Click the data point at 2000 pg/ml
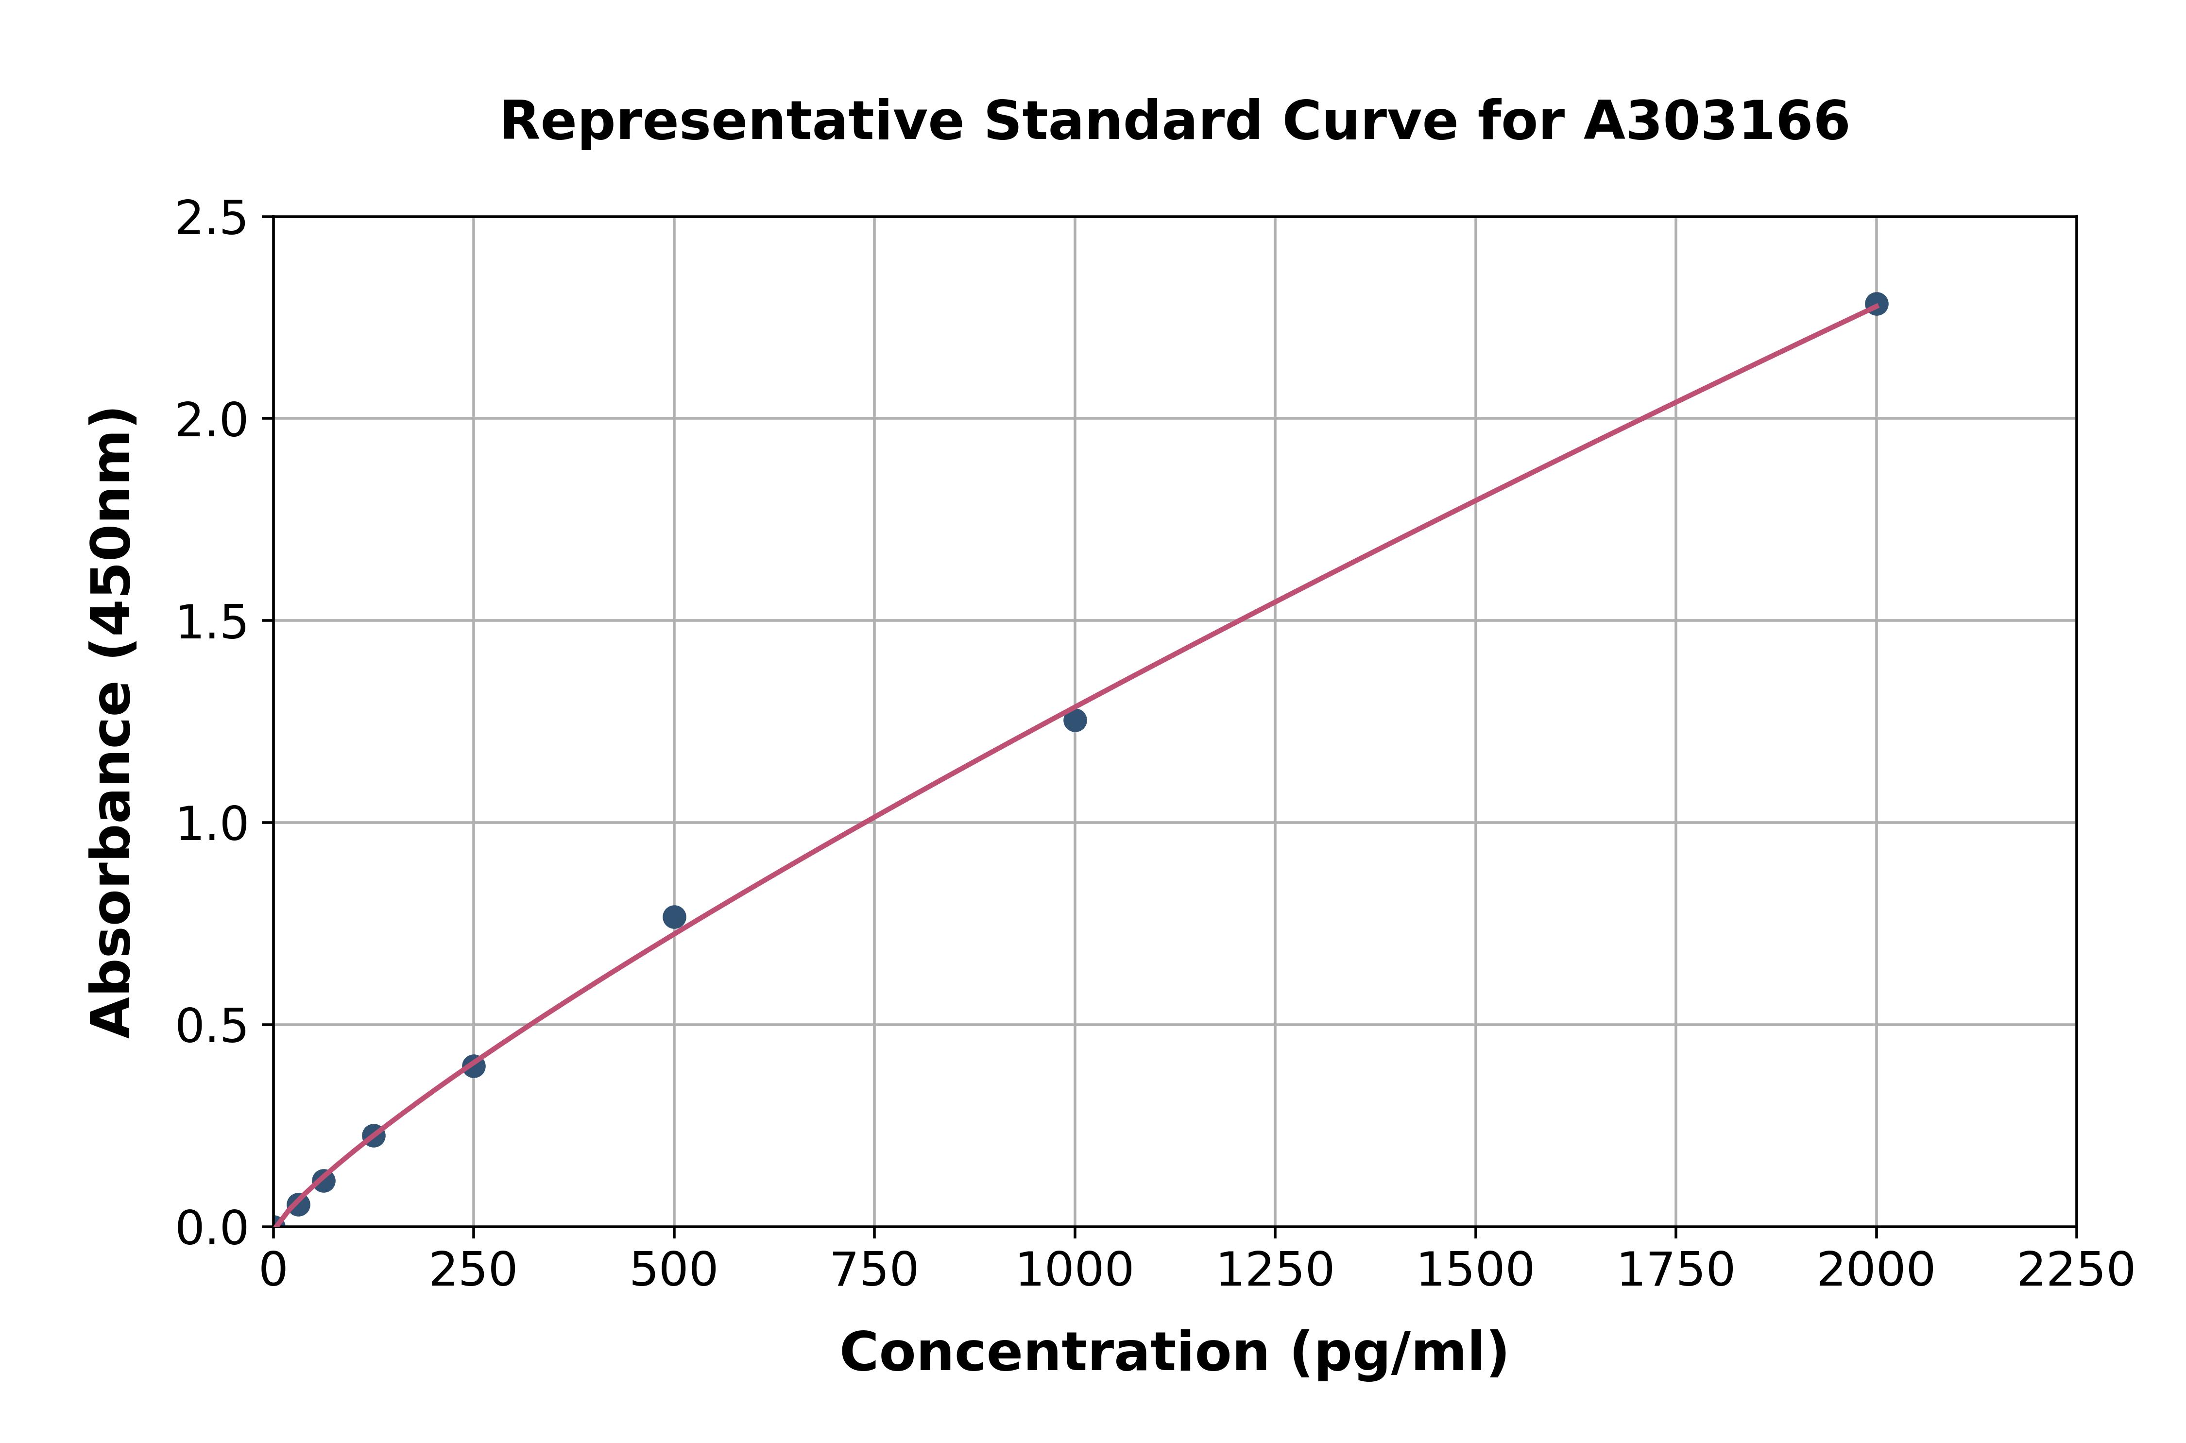click(x=1876, y=304)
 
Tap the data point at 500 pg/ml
click(x=674, y=917)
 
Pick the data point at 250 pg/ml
click(x=474, y=1065)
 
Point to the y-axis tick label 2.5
click(x=212, y=219)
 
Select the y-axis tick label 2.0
click(x=212, y=421)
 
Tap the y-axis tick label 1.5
click(x=212, y=622)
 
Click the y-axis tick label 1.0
click(x=212, y=824)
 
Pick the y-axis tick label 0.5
click(x=212, y=1025)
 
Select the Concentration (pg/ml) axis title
click(x=1174, y=1353)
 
